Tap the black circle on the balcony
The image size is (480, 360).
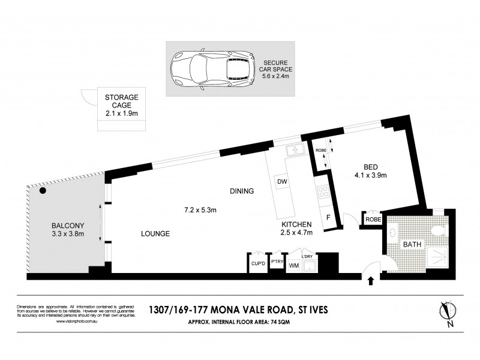43,192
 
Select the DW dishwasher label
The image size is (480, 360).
281,181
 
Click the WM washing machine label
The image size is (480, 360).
294,265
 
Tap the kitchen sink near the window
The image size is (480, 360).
295,152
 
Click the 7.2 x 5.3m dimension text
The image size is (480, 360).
200,210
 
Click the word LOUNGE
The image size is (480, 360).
155,233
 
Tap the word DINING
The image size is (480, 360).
242,191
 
